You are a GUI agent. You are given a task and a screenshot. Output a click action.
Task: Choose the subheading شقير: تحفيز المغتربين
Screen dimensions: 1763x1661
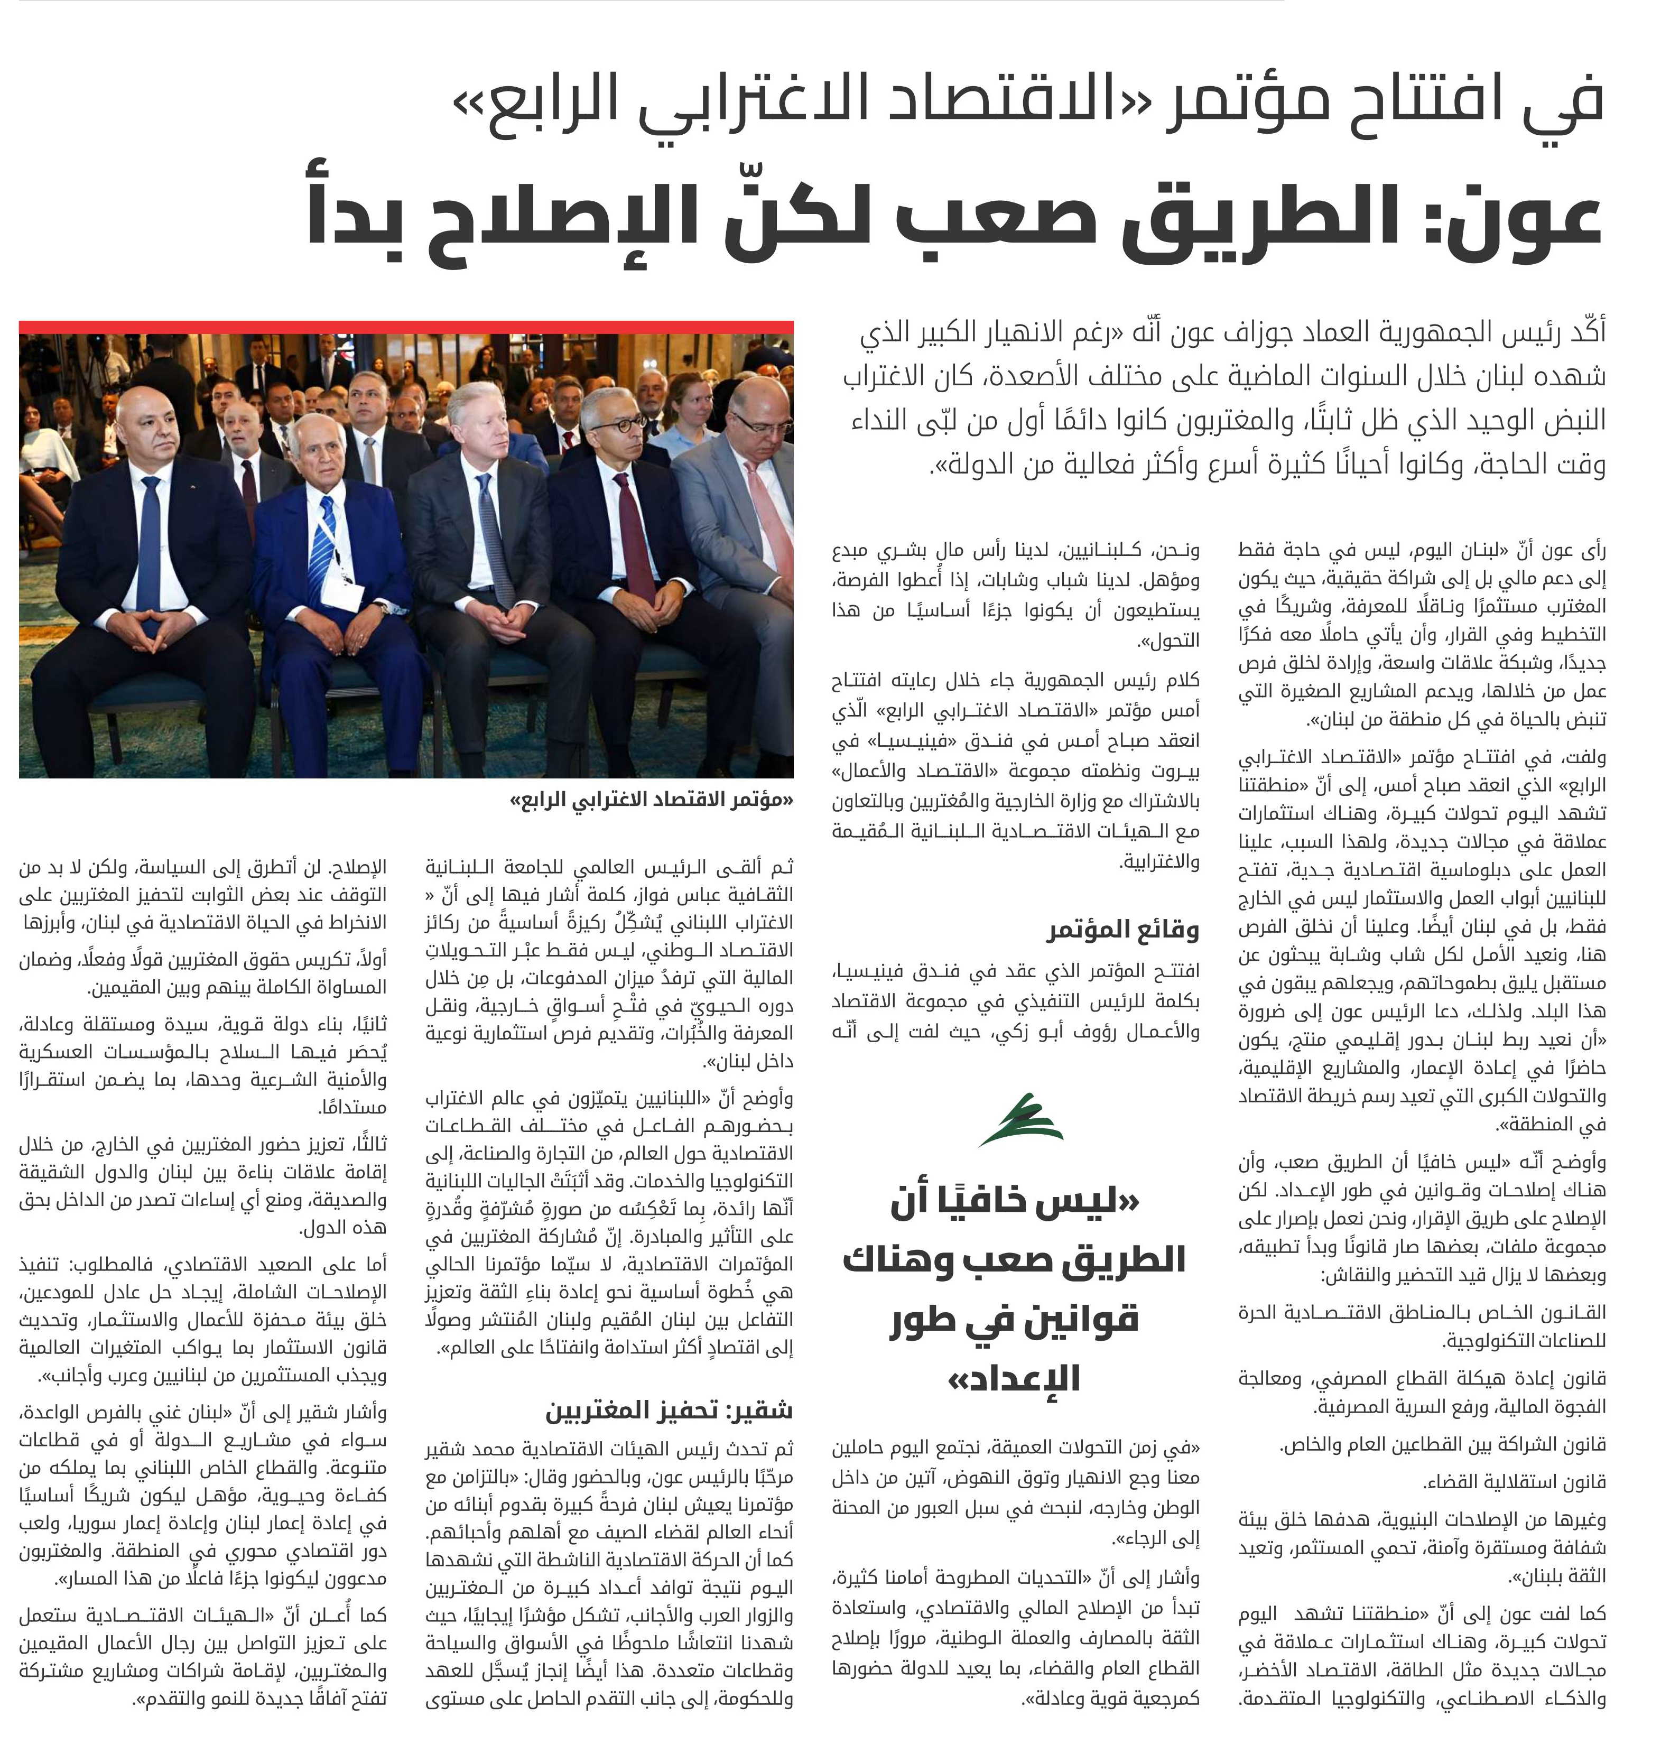pos(670,1410)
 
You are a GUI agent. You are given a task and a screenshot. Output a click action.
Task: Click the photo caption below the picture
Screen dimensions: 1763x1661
pos(651,800)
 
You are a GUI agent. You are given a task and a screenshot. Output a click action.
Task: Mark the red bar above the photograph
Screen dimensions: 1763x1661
pos(406,327)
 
